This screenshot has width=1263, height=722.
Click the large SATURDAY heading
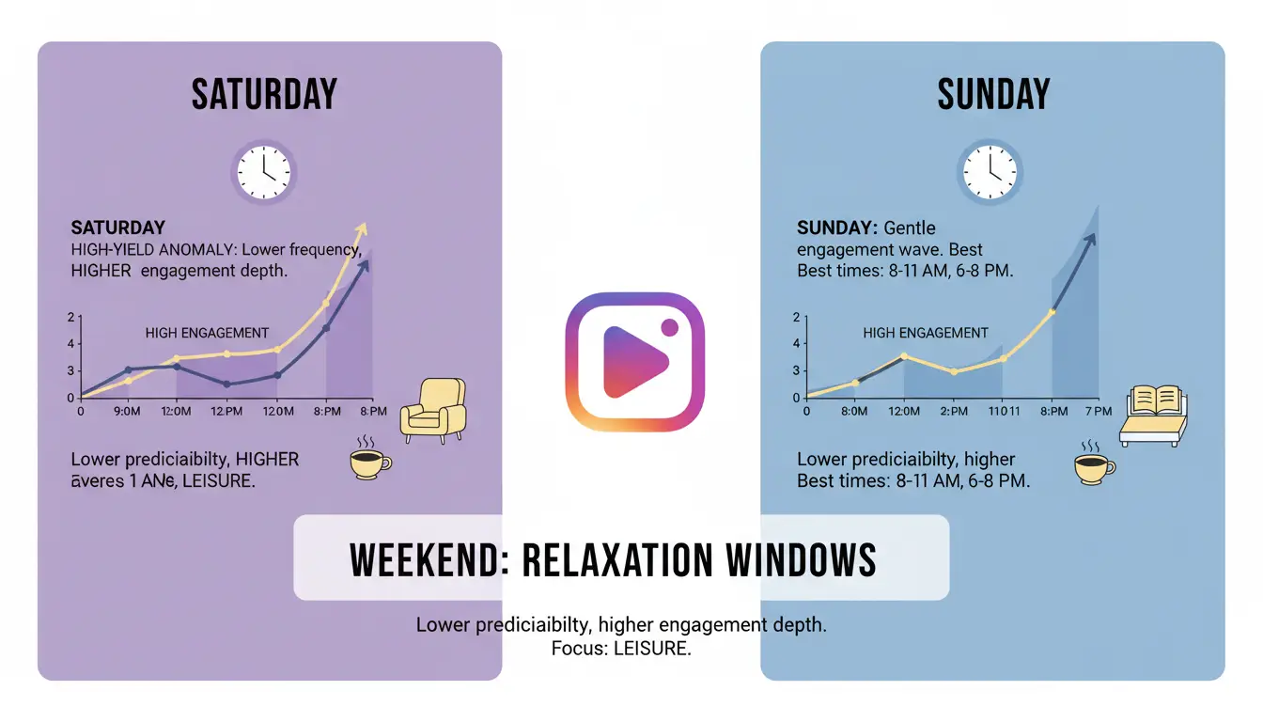coord(264,95)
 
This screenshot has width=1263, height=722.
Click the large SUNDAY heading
coord(993,95)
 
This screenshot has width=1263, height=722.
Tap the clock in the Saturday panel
coord(264,173)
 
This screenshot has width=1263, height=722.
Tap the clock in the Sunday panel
coord(989,173)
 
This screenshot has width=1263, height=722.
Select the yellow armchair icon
coord(433,411)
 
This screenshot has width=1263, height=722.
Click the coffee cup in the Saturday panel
coord(368,461)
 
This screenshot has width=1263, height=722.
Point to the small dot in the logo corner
coord(670,327)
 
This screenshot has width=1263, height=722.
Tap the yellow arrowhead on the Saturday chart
coord(362,229)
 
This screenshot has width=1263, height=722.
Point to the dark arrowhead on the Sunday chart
coord(1091,238)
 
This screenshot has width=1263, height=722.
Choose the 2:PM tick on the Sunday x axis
coord(953,412)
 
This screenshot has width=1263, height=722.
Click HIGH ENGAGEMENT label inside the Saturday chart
coord(207,333)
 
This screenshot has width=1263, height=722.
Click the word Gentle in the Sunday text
coord(910,228)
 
